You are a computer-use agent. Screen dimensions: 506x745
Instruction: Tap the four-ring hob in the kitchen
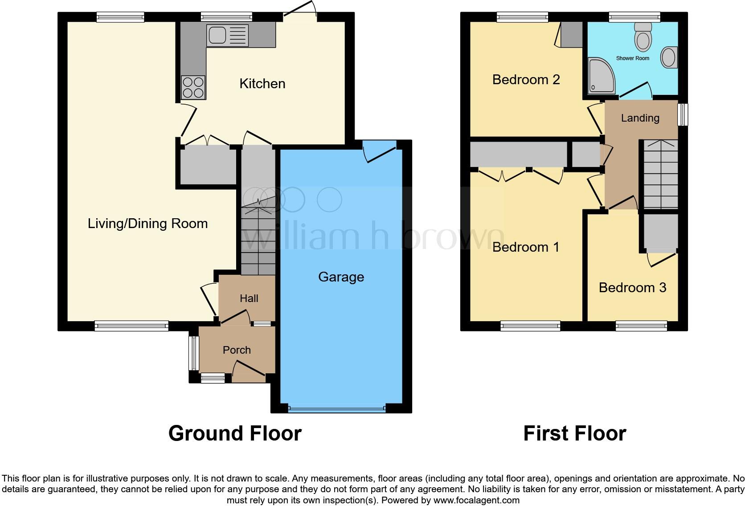(x=193, y=87)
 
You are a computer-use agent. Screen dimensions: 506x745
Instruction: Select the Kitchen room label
(x=262, y=84)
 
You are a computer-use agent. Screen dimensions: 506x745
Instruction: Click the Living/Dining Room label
(x=147, y=223)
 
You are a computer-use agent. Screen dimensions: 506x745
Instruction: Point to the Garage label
(x=341, y=277)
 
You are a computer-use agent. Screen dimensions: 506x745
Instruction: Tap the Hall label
(x=249, y=298)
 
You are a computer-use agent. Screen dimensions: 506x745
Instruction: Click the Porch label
(x=237, y=350)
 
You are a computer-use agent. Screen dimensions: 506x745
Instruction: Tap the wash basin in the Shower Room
(x=668, y=57)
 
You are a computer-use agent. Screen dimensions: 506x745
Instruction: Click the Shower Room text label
(x=632, y=58)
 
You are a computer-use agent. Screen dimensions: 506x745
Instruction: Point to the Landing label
(x=640, y=118)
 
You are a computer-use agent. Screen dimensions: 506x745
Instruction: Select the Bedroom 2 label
(x=526, y=80)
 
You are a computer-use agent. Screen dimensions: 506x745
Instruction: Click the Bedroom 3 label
(x=632, y=288)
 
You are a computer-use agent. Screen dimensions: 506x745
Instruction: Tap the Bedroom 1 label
(x=525, y=247)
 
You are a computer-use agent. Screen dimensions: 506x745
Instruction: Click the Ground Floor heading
(x=235, y=433)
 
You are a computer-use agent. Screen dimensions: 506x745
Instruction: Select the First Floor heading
(x=574, y=433)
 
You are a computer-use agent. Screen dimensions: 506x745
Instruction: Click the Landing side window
(x=682, y=115)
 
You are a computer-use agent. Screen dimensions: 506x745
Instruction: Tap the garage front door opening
(x=336, y=408)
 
